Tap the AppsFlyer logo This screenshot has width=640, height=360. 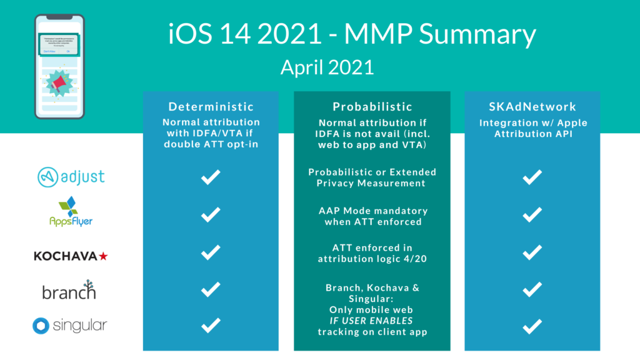(71, 212)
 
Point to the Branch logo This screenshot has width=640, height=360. (69, 291)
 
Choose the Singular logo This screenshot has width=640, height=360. (70, 326)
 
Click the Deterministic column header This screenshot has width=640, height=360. (211, 107)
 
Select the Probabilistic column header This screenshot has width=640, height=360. (372, 107)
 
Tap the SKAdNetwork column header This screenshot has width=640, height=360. (532, 107)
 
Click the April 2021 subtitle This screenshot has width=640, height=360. (327, 67)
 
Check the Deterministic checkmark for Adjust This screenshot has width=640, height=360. (211, 178)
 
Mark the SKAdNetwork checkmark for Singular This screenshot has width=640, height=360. (532, 326)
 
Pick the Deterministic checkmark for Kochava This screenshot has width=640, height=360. (211, 252)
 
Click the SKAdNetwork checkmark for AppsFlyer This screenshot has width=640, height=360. (532, 215)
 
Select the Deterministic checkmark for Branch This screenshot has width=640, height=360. (211, 289)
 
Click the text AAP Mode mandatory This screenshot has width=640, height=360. (372, 211)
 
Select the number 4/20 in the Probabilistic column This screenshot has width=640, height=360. (413, 259)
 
